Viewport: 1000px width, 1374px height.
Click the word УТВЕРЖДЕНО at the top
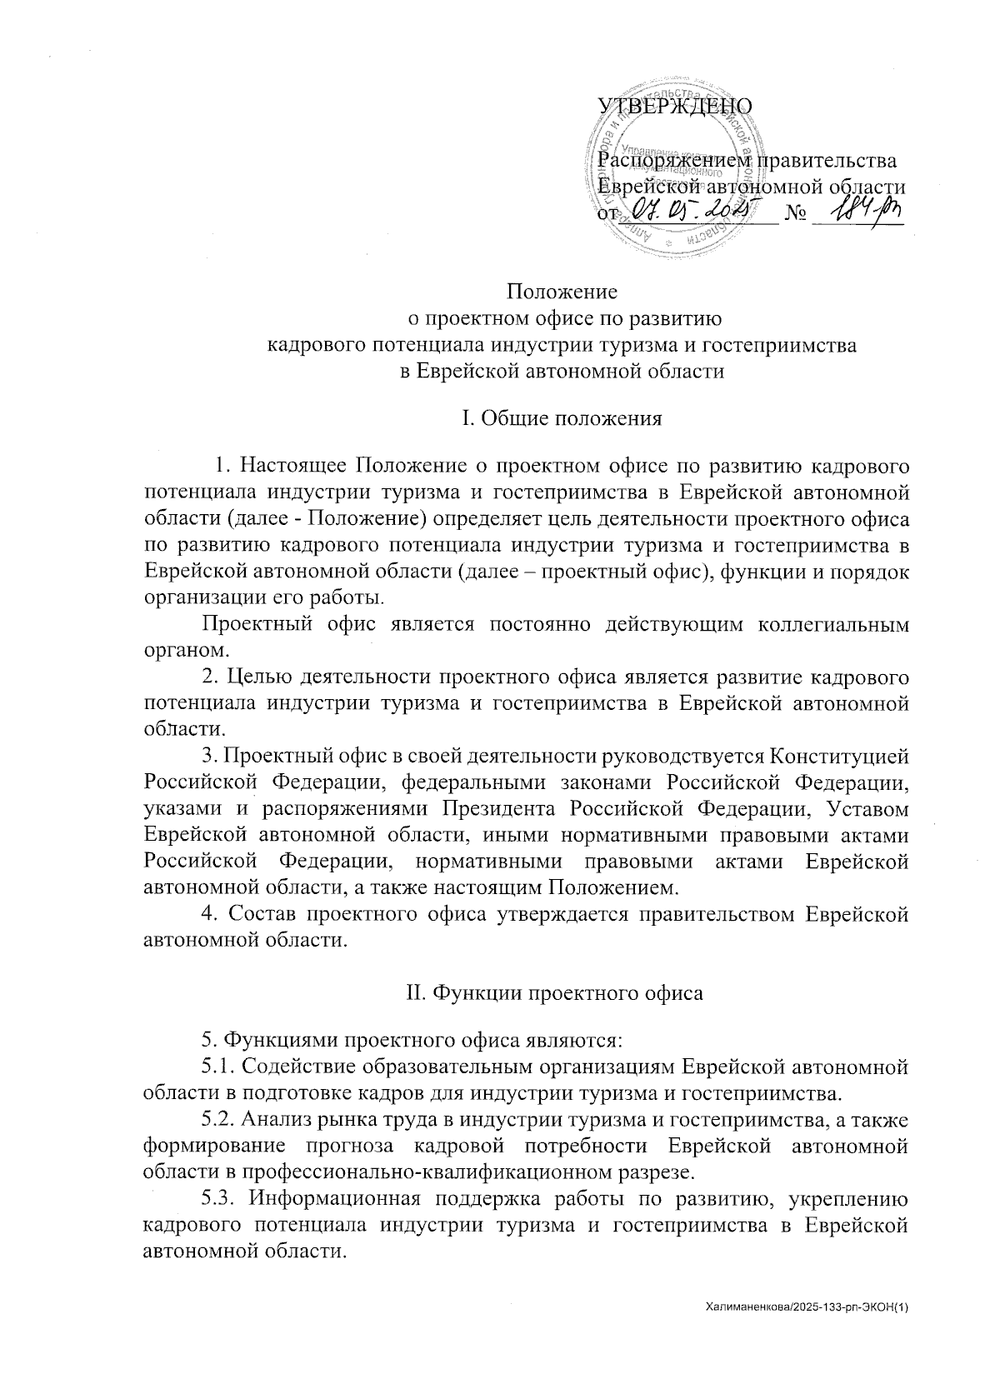tap(676, 106)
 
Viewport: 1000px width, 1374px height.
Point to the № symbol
tap(796, 215)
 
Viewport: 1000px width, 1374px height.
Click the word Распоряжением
tap(676, 159)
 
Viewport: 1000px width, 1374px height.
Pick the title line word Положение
tap(562, 292)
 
